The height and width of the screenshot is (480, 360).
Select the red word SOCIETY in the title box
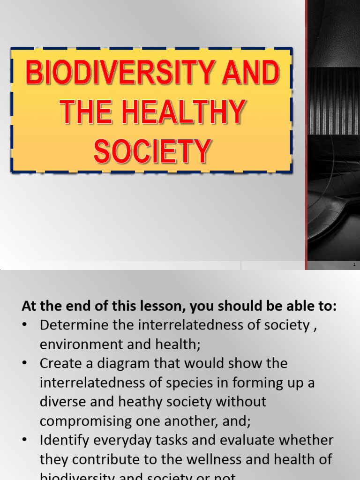click(152, 151)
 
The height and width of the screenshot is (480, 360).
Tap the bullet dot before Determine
click(26, 325)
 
